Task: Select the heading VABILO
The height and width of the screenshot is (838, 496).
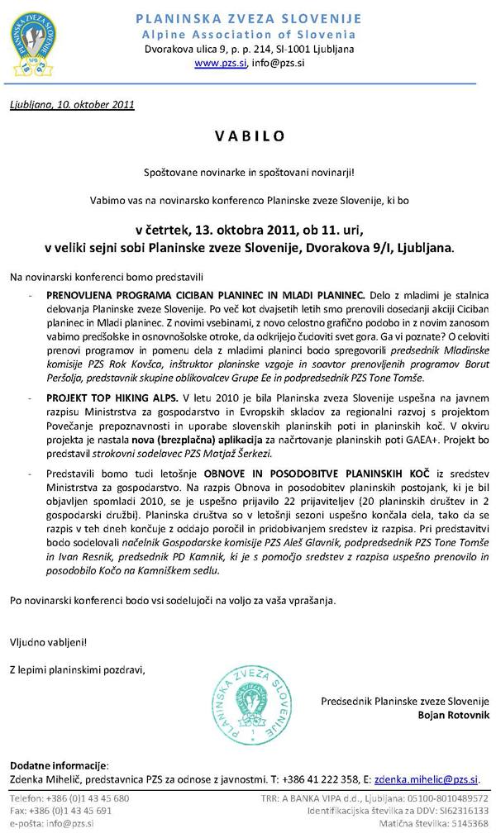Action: click(249, 136)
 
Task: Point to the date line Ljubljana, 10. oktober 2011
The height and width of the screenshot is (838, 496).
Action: click(72, 105)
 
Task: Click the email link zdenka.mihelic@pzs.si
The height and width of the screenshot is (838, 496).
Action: click(426, 778)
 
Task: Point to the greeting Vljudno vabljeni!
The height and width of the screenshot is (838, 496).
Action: click(48, 641)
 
